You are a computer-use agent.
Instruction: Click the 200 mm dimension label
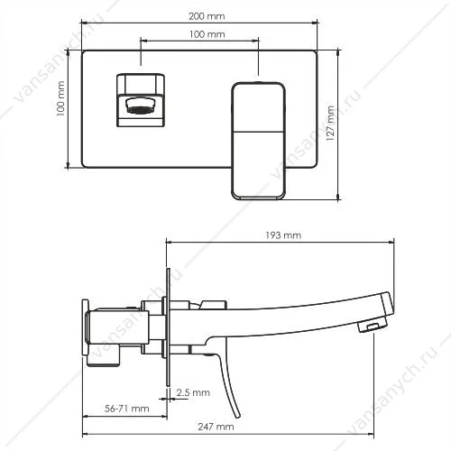[207, 16]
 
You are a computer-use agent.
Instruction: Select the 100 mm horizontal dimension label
[207, 34]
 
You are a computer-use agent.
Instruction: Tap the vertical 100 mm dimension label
[60, 98]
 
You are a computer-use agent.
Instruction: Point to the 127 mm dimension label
[330, 124]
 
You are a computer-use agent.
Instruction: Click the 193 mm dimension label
[283, 235]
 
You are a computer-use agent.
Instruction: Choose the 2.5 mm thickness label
[193, 392]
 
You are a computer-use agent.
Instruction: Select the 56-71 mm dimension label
[127, 409]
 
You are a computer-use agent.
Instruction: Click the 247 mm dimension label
[216, 427]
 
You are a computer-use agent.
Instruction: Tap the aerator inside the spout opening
[140, 106]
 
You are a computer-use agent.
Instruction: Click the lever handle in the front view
[258, 141]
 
